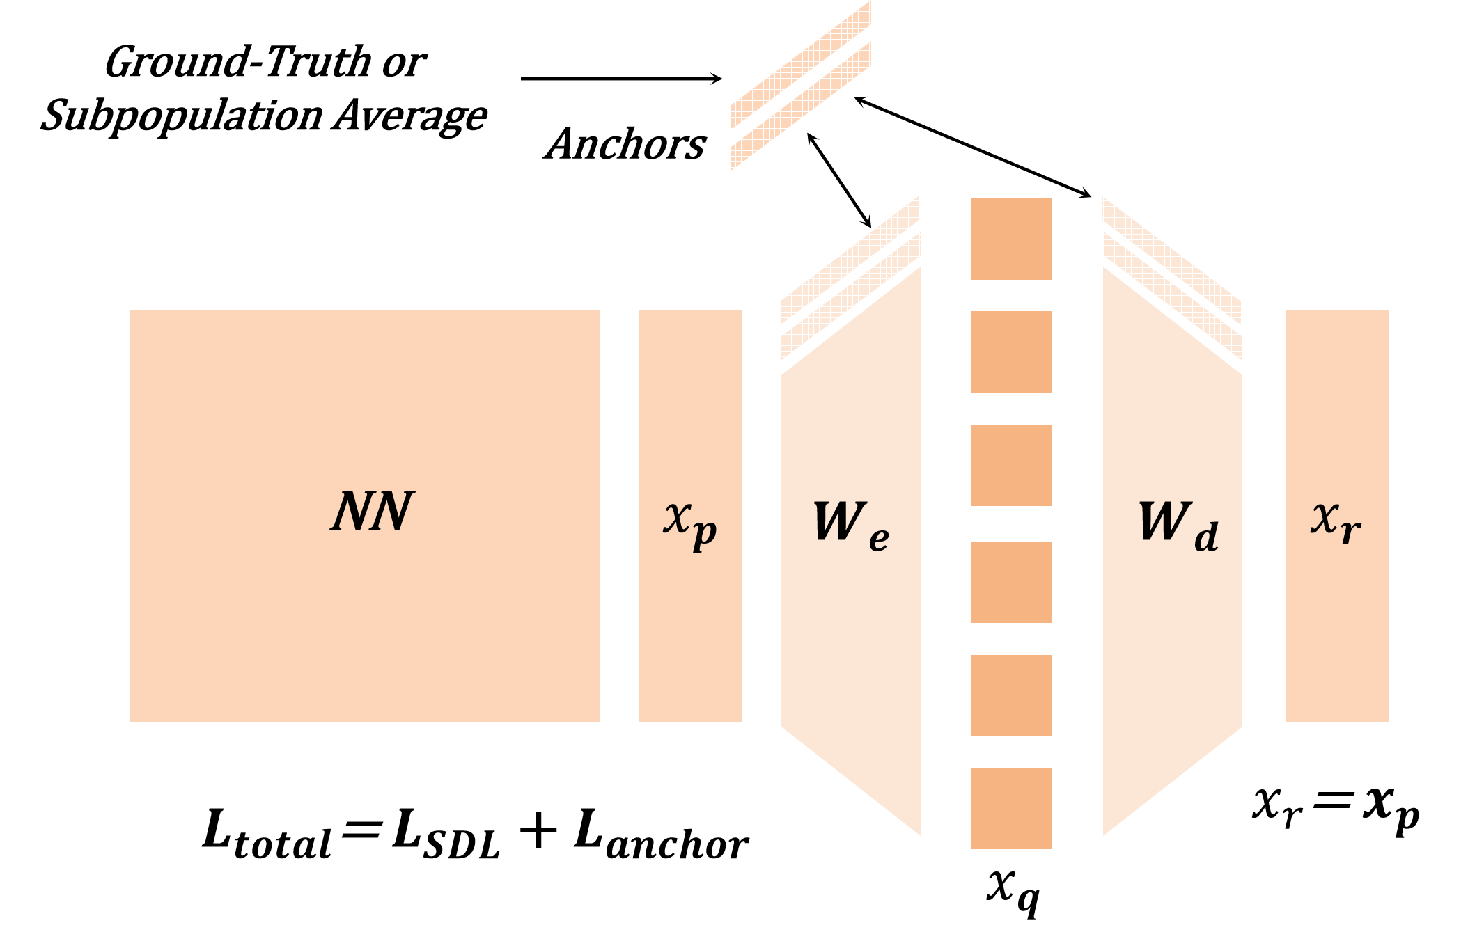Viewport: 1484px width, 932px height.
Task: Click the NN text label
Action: pyautogui.click(x=373, y=512)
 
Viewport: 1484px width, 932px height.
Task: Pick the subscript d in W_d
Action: pyautogui.click(x=1207, y=537)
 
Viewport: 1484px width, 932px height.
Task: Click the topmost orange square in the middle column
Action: pyautogui.click(x=1011, y=239)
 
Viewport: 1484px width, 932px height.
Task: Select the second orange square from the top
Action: pyautogui.click(x=1011, y=352)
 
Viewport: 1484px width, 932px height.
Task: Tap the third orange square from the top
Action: pyautogui.click(x=1011, y=465)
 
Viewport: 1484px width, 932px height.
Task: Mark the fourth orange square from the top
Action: pyautogui.click(x=1011, y=582)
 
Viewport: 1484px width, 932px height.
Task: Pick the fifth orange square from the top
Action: pyautogui.click(x=1011, y=695)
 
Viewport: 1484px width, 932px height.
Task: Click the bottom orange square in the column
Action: pyautogui.click(x=1011, y=808)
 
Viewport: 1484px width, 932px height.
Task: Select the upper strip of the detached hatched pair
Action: pyautogui.click(x=801, y=65)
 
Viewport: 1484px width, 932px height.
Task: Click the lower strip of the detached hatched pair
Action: pyautogui.click(x=801, y=106)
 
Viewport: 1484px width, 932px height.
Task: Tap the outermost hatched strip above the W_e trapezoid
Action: pyautogui.click(x=850, y=261)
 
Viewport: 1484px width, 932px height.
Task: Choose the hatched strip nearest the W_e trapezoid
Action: pyautogui.click(x=850, y=296)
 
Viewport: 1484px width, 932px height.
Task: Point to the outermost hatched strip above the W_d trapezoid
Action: pyautogui.click(x=1172, y=261)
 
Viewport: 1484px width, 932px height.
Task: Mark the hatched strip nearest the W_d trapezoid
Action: pyautogui.click(x=1172, y=296)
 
